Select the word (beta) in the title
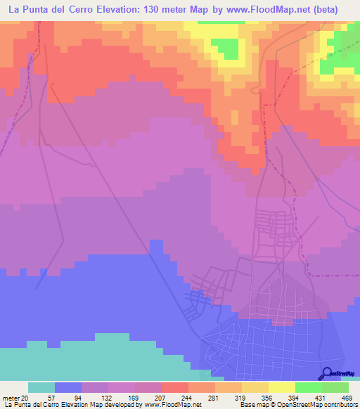tap(323, 10)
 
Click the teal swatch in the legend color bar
tap(41, 387)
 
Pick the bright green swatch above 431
tap(308, 387)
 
